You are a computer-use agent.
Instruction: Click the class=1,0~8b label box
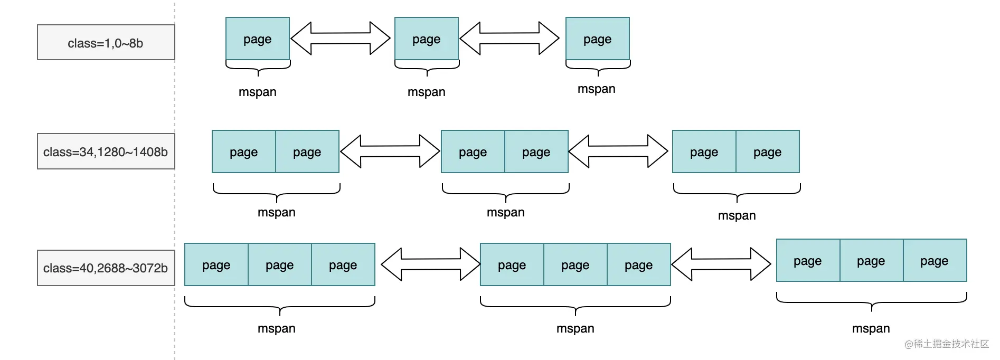click(106, 42)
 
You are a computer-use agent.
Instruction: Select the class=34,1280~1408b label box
click(106, 151)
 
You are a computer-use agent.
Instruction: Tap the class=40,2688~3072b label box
click(106, 268)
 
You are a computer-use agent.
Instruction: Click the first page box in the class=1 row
click(258, 39)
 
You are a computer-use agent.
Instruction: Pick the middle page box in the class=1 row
click(427, 39)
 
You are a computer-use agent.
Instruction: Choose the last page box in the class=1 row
click(598, 39)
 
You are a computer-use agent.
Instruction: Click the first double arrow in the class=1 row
click(341, 38)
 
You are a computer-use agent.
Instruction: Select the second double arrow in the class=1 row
click(510, 38)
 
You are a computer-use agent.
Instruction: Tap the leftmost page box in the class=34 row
click(244, 151)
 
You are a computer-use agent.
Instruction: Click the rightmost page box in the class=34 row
click(768, 151)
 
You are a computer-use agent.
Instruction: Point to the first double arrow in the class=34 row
click(390, 151)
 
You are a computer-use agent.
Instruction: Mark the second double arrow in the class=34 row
click(618, 151)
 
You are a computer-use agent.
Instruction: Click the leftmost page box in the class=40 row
click(216, 264)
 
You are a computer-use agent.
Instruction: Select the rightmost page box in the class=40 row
click(935, 260)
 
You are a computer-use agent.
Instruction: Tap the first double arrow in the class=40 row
click(430, 264)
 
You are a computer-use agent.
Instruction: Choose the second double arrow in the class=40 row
click(721, 264)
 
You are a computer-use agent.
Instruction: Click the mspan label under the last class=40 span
click(871, 328)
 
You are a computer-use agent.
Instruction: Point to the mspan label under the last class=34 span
click(737, 215)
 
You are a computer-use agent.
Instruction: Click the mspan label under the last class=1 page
click(597, 89)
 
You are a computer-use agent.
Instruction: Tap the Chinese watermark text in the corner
click(947, 344)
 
